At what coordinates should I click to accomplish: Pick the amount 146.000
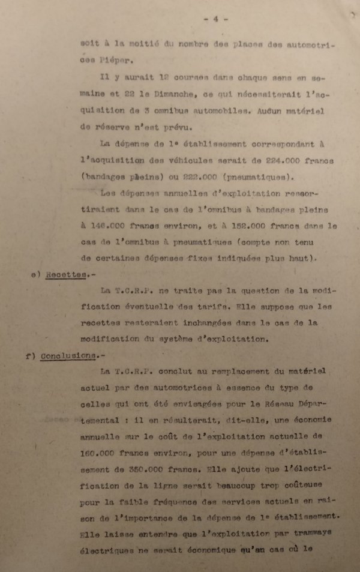111,226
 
